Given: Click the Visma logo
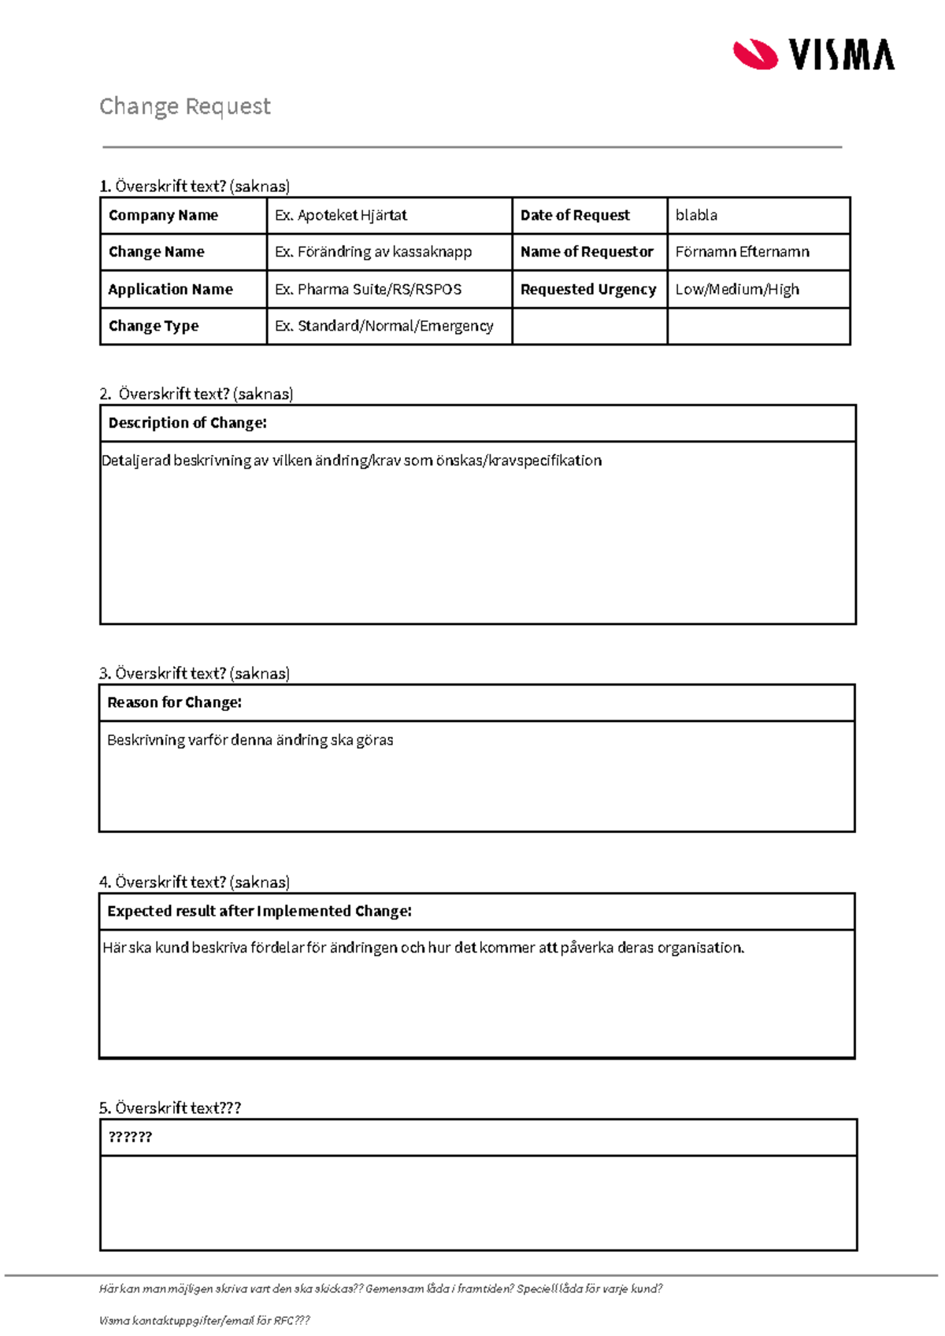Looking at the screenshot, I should tap(813, 54).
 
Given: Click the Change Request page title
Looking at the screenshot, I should tap(185, 106).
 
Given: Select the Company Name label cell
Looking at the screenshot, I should tap(163, 216).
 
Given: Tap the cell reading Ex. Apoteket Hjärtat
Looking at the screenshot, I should tap(341, 216).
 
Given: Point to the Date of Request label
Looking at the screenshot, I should tap(575, 216).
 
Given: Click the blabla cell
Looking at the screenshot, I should tap(696, 216).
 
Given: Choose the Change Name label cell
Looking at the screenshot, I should tap(156, 252).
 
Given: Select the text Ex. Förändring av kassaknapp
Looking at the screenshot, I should tap(373, 252).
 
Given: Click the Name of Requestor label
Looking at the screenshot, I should tap(587, 252).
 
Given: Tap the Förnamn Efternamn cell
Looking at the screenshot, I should tap(742, 252).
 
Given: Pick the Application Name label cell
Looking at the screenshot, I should tap(170, 289).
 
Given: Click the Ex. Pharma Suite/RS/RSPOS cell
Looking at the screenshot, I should tap(368, 289).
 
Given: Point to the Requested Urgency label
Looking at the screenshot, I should tap(588, 289).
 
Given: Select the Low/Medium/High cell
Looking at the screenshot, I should tap(737, 289).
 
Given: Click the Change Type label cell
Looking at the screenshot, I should tap(154, 326).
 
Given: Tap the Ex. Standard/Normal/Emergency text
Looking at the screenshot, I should tap(384, 326).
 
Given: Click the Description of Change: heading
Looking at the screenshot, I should tap(187, 423).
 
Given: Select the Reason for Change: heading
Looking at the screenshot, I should tap(174, 702).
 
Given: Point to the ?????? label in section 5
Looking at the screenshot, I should tap(130, 1137).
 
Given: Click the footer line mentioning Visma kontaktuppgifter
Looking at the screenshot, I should tap(205, 1320).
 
